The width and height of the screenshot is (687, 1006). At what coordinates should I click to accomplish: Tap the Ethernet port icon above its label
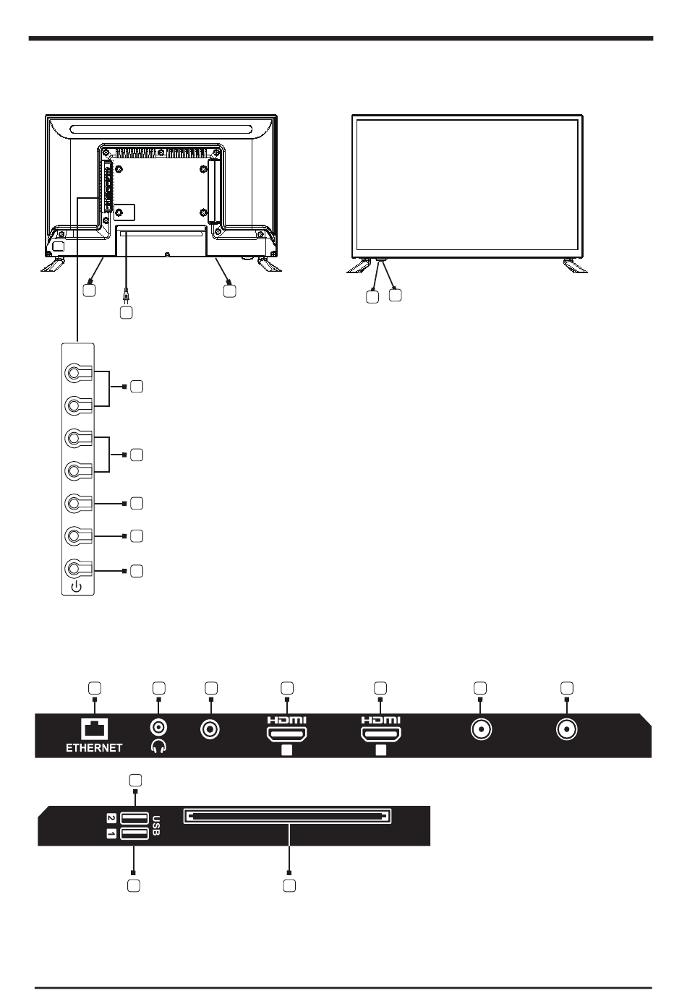point(95,730)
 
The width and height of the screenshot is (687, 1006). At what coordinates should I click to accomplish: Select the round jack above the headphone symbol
point(158,729)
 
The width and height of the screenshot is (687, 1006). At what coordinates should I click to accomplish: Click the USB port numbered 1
point(135,834)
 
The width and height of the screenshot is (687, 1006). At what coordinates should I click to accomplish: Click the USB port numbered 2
point(135,818)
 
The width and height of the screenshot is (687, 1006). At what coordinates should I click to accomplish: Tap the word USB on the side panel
point(156,826)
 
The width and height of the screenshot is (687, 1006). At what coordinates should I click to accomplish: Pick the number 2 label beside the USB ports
point(111,819)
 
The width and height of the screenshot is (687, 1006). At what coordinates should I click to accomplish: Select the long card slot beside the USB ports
point(288,817)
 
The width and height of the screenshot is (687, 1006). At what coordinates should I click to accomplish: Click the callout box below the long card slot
point(289,885)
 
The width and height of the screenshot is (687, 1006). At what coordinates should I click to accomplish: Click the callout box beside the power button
point(137,571)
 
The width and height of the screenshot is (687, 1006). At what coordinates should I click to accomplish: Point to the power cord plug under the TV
point(126,296)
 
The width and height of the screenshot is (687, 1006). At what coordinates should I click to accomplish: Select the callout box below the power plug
point(126,314)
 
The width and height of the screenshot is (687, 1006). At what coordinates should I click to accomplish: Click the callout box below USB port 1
point(134,885)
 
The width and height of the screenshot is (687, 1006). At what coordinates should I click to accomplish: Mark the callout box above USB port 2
point(135,780)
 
